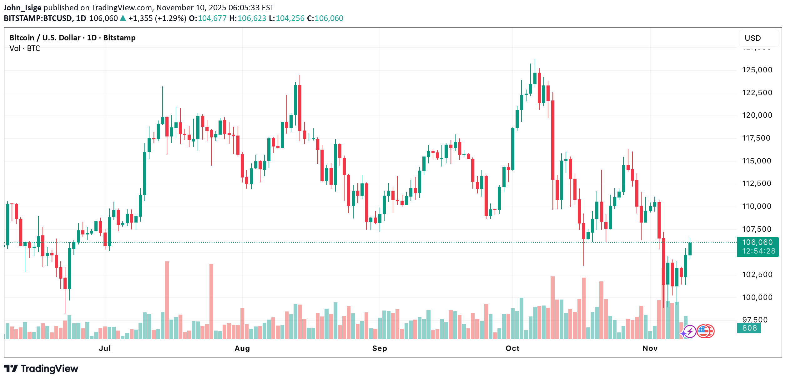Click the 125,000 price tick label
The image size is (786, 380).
[x=757, y=70]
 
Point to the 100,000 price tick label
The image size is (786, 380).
[x=757, y=297]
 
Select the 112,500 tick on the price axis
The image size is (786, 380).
[x=757, y=183]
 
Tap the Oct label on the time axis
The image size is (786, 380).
[x=512, y=348]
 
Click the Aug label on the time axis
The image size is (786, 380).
[x=242, y=348]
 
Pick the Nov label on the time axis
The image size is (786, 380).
[x=650, y=348]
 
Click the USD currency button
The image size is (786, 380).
[x=753, y=38]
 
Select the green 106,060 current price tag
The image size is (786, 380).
[x=758, y=247]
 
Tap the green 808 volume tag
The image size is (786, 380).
[x=749, y=328]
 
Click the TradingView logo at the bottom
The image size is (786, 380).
[x=41, y=368]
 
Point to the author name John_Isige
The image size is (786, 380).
[x=22, y=8]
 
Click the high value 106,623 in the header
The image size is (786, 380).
[x=252, y=18]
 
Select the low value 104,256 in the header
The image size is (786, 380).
[x=290, y=18]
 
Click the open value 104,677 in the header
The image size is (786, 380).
[x=212, y=18]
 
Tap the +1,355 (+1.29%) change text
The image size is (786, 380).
[x=157, y=18]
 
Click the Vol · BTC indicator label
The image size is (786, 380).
[x=25, y=49]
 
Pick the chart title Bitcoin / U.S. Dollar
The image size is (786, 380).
[x=45, y=38]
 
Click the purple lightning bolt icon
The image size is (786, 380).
[x=690, y=331]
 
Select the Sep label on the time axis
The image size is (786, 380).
[x=380, y=348]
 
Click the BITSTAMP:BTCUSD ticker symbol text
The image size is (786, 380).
[x=38, y=18]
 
